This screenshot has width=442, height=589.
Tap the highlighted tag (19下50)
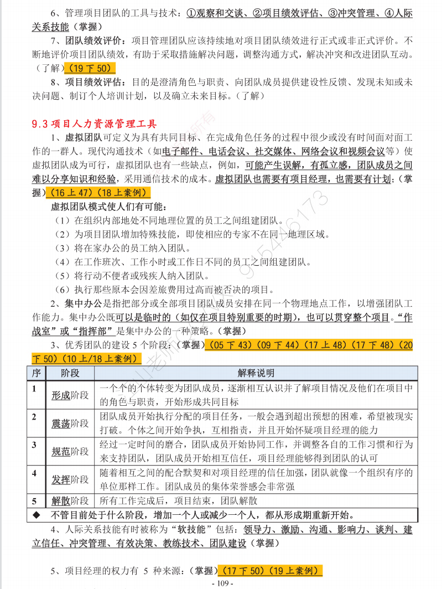point(90,69)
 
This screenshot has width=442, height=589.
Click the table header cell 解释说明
point(256,373)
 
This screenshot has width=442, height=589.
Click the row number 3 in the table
point(34,445)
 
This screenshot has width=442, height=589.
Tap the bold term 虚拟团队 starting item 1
point(83,137)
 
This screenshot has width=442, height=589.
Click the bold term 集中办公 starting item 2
point(83,304)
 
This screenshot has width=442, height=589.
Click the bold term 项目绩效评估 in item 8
point(94,82)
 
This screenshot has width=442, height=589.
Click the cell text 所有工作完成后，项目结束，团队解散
point(178,501)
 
